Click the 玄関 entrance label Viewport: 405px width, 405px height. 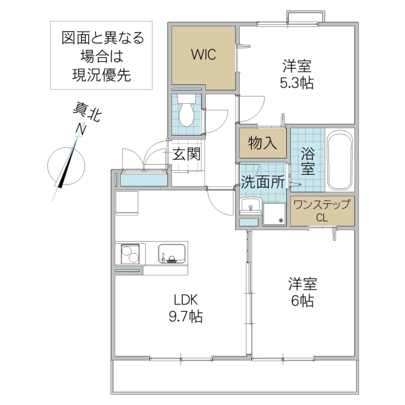pos(186,153)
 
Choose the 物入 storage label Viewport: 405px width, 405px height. pos(263,143)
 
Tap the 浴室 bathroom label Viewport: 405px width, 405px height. pos(308,159)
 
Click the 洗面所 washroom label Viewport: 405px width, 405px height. pos(263,181)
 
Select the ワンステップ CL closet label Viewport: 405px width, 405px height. pos(323,211)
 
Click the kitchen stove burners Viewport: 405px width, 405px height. pos(129,255)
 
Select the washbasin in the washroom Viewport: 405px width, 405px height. pos(249,206)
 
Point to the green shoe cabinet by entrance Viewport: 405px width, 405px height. pos(143,180)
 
